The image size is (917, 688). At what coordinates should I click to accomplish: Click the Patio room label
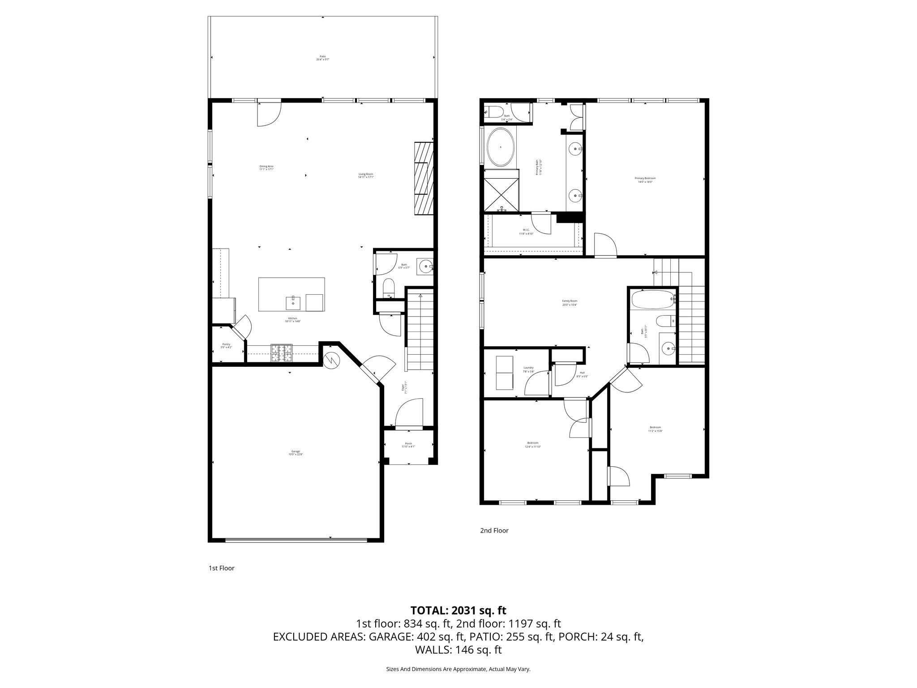click(323, 58)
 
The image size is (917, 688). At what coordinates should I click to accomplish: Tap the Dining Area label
click(266, 168)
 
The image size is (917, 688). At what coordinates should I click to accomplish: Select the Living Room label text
click(366, 176)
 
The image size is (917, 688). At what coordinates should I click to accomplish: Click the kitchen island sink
click(293, 303)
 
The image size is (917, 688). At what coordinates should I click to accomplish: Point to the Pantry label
click(226, 345)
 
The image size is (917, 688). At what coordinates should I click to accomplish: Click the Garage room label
click(296, 453)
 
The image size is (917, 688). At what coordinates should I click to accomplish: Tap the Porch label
click(408, 445)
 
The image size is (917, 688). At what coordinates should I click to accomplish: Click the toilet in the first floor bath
click(389, 288)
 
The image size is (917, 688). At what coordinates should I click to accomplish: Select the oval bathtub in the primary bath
click(500, 147)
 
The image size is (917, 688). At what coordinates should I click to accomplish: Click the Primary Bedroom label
click(645, 180)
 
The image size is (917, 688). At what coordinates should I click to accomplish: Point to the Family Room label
click(570, 303)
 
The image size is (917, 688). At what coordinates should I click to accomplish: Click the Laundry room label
click(528, 369)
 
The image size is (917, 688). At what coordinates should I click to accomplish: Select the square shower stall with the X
click(501, 194)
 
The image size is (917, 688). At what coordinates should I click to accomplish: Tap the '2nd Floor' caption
click(494, 530)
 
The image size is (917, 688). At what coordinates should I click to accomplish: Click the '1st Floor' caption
click(221, 568)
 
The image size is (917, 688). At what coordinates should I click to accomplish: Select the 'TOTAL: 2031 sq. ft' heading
click(458, 610)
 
